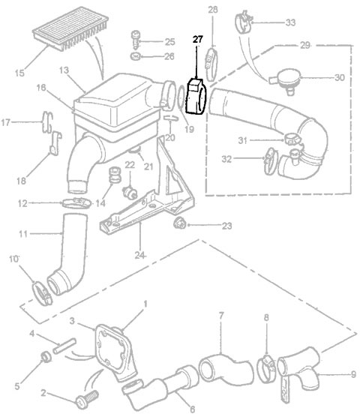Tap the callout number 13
[64, 70]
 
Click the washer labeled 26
[134, 56]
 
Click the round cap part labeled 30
[285, 78]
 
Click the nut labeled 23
[179, 223]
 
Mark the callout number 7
[221, 315]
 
